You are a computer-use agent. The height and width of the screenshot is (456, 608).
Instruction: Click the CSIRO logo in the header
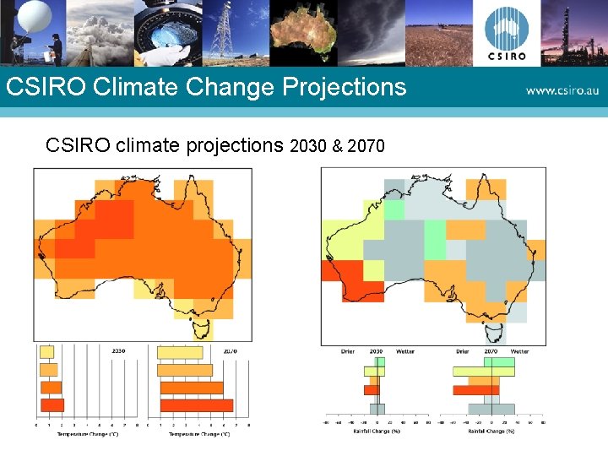tap(506, 34)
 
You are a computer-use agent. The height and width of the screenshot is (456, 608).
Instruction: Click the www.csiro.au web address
tap(562, 90)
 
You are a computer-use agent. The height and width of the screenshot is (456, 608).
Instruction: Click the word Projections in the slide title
tap(345, 87)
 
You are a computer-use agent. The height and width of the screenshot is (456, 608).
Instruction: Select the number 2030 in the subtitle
tap(308, 146)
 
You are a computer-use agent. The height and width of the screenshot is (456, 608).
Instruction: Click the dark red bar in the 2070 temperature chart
tap(196, 404)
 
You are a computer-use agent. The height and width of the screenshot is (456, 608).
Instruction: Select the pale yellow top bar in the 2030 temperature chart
tap(46, 352)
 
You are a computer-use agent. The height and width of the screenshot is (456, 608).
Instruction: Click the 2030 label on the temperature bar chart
tap(119, 350)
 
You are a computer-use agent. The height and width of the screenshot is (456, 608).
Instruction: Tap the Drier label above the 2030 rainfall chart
tap(348, 350)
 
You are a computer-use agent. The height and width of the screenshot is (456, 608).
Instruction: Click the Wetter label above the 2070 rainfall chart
tap(519, 350)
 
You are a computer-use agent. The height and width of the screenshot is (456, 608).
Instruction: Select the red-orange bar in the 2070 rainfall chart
tap(475, 390)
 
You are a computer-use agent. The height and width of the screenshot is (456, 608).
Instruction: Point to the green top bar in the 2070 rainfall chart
tap(483, 361)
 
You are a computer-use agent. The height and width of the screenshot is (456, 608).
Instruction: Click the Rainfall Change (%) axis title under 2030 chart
tap(377, 432)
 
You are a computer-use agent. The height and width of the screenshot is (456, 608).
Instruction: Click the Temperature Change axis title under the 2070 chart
tap(196, 434)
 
